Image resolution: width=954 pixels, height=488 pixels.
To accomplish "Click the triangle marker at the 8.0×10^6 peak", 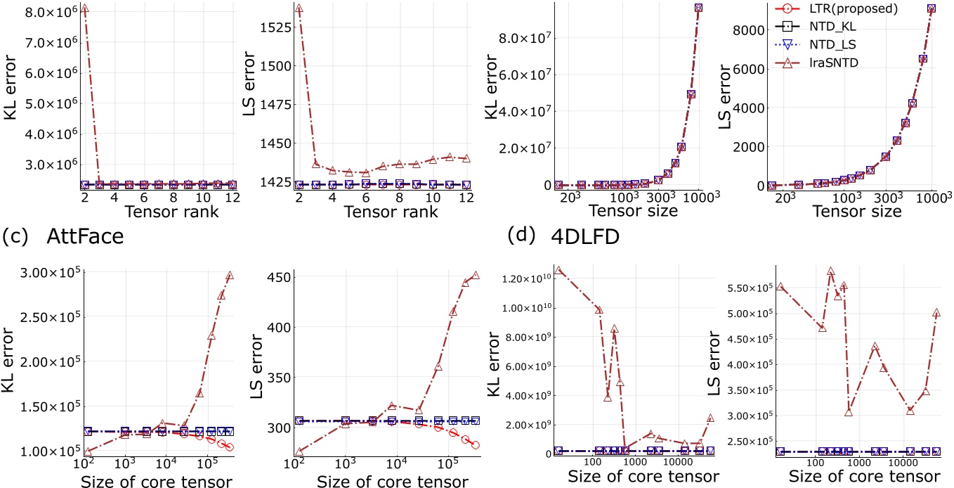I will point(85,8).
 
